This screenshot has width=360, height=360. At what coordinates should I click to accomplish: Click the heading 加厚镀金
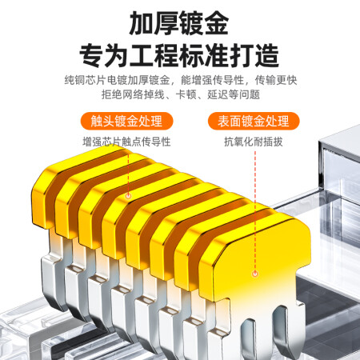(179, 23)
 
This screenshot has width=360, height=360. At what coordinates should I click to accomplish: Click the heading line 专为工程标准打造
(179, 55)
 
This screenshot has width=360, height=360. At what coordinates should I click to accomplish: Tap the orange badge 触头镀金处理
(126, 121)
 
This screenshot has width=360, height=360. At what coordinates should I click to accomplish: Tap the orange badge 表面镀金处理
(254, 121)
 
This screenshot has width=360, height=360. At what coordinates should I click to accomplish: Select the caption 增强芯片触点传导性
(126, 142)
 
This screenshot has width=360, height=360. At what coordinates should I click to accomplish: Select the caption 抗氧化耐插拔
(254, 142)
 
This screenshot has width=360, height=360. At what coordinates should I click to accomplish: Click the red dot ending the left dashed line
(128, 196)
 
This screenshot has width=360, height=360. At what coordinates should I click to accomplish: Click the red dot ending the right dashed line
(255, 274)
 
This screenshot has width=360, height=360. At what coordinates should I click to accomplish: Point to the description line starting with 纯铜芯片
(181, 80)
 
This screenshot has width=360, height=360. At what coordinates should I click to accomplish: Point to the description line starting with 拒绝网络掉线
(181, 94)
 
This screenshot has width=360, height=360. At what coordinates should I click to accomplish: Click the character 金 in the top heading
(216, 23)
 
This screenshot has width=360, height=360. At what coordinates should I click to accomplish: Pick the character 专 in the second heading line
(92, 55)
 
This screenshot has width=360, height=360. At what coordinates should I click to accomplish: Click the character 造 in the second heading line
(267, 55)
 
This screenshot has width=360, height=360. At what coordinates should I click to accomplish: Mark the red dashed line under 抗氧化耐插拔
(255, 210)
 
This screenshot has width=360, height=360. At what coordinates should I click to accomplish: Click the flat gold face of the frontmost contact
(256, 262)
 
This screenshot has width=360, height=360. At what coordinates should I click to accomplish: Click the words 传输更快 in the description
(276, 80)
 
